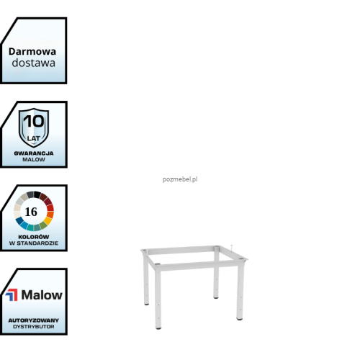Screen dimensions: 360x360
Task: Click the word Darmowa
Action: point(32,52)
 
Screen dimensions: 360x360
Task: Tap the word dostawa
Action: point(34,63)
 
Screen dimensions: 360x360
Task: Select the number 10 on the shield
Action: point(34,121)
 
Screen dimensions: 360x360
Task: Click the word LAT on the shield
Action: point(33,138)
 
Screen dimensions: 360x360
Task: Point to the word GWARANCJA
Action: point(34,153)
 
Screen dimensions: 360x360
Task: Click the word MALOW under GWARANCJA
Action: point(34,160)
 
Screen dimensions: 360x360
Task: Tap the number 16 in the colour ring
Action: point(31,212)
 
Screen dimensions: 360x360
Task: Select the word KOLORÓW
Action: point(34,237)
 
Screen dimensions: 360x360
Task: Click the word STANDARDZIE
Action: point(37,243)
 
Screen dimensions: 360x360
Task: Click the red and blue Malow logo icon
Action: point(12,294)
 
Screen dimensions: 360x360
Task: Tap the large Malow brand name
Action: point(42,294)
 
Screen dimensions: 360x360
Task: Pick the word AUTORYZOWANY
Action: point(34,320)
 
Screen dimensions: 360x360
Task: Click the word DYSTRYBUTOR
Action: point(34,327)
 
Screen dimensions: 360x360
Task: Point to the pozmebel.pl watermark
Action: point(180,179)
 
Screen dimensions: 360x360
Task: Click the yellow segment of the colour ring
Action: point(48,220)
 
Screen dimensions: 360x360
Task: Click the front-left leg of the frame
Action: point(158,297)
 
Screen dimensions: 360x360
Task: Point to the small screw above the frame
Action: point(232,248)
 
